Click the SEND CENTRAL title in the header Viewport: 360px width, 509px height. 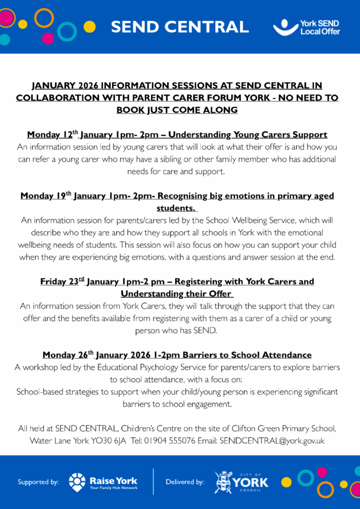coord(180,26)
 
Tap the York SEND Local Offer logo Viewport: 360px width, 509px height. coord(306,27)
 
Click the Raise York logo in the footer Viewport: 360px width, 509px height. coord(103,482)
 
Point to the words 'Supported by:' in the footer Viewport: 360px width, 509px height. coord(38,482)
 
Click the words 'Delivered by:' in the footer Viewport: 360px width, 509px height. coord(185,482)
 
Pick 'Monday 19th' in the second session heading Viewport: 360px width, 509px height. coord(46,196)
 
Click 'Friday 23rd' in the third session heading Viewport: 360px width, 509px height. coord(63,282)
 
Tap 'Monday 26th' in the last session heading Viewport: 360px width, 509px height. coord(68,355)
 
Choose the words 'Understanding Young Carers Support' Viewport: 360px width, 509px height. coord(254,135)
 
